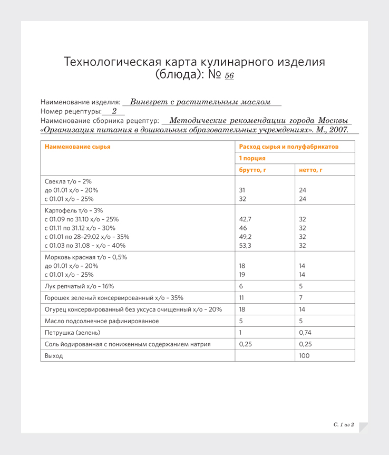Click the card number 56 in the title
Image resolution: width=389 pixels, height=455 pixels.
tap(229, 76)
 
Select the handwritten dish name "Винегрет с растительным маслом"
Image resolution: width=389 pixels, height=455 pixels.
tap(200, 102)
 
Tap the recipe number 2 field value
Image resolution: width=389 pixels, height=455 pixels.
tap(114, 111)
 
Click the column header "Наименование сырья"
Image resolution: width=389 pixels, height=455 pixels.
tap(77, 147)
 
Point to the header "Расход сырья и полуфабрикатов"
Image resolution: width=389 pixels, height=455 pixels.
tap(288, 147)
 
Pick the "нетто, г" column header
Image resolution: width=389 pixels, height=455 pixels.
tap(310, 170)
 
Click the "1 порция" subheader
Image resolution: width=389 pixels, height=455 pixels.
tap(252, 158)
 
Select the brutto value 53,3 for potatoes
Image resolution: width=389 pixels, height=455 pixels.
tap(245, 245)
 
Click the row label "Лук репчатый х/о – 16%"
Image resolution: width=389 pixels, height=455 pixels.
tap(79, 286)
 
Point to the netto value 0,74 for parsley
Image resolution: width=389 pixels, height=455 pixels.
tap(305, 333)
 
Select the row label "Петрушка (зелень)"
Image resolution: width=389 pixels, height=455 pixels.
tap(72, 333)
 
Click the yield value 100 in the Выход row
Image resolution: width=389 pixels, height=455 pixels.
tap(304, 356)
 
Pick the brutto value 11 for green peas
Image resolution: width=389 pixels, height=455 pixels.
tap(242, 298)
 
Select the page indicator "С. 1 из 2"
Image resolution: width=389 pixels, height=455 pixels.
tap(343, 424)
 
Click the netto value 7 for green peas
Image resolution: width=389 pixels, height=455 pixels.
tap(301, 298)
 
